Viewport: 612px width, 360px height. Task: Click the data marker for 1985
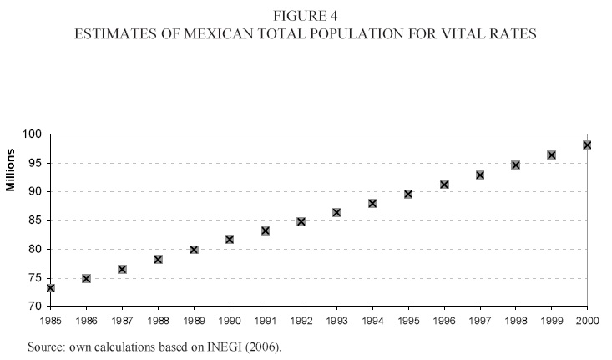pyautogui.click(x=50, y=287)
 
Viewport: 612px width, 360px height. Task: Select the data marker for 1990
pyautogui.click(x=230, y=239)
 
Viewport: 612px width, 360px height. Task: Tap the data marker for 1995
pyautogui.click(x=408, y=194)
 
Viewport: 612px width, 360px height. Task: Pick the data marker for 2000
pyautogui.click(x=587, y=145)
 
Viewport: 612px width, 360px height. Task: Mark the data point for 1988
pyautogui.click(x=158, y=259)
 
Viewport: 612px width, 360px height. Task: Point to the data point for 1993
pyautogui.click(x=336, y=212)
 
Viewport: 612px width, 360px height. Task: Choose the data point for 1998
pyautogui.click(x=516, y=165)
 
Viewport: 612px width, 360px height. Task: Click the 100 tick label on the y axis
pyautogui.click(x=33, y=134)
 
